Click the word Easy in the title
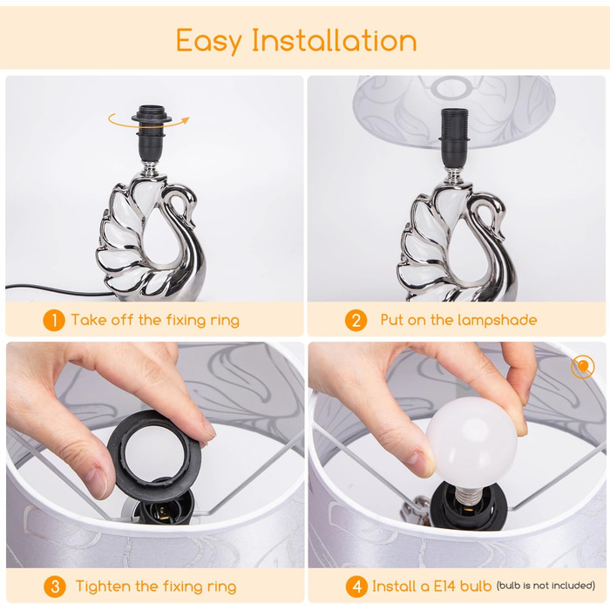tap(209, 41)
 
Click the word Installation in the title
tap(335, 39)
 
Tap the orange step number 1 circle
tap(54, 320)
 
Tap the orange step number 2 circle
tap(356, 320)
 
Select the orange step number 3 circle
tap(54, 586)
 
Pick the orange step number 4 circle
tap(356, 586)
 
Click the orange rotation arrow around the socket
tap(149, 125)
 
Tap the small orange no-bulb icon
tap(583, 367)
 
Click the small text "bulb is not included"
tap(546, 586)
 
